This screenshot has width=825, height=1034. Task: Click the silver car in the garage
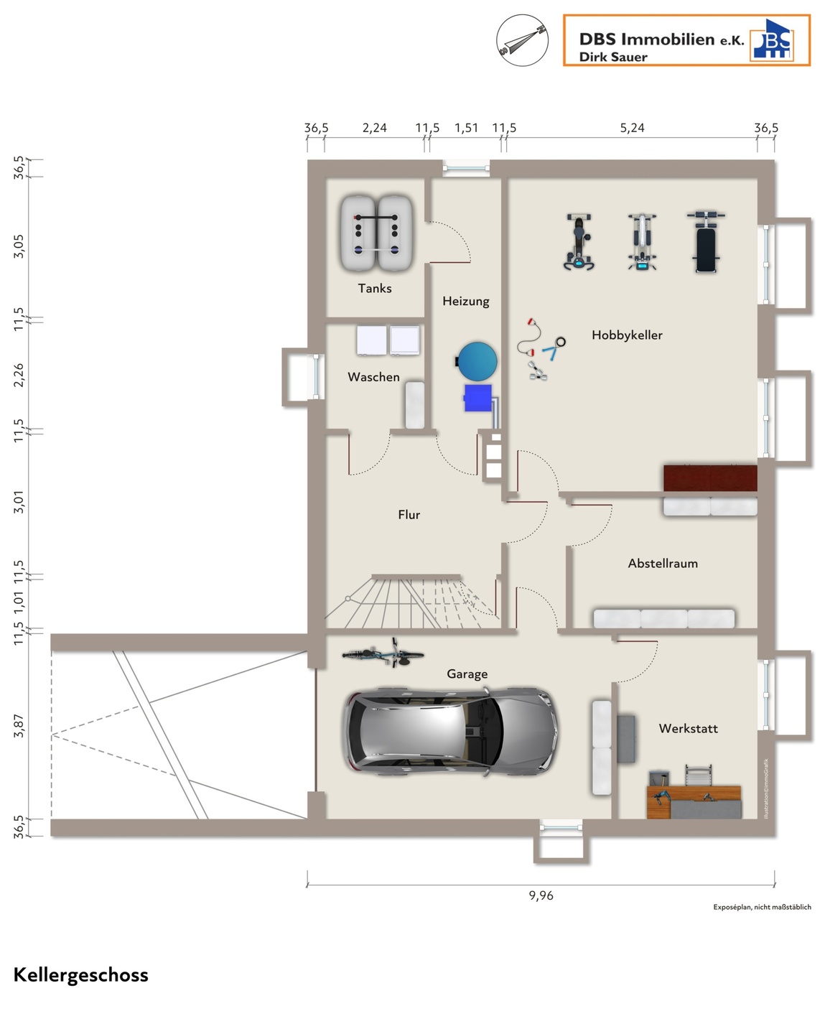[x=449, y=730]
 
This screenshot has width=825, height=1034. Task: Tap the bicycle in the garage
[x=383, y=654]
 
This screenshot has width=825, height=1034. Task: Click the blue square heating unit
[x=478, y=398]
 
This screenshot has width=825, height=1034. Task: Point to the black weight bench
[x=706, y=242]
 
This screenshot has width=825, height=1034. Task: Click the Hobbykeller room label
[x=627, y=335]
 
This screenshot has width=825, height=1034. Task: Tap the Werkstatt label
[x=688, y=728]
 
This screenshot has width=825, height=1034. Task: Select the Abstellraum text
[x=663, y=563]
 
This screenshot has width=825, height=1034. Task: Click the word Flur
[x=409, y=515]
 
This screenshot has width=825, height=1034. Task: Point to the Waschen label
[x=373, y=377]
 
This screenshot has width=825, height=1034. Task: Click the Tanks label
[x=374, y=288]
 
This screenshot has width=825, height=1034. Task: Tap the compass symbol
[x=522, y=40]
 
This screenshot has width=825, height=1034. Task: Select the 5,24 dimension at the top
[x=632, y=128]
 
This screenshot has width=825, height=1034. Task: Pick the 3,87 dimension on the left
[x=19, y=725]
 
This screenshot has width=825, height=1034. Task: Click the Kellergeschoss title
[x=80, y=975]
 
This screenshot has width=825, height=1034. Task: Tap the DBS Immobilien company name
[x=661, y=39]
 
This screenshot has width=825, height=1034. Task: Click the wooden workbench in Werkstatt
[x=694, y=801]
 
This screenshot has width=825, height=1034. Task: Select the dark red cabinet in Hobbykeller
[x=710, y=478]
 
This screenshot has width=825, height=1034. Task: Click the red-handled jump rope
[x=529, y=337]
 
